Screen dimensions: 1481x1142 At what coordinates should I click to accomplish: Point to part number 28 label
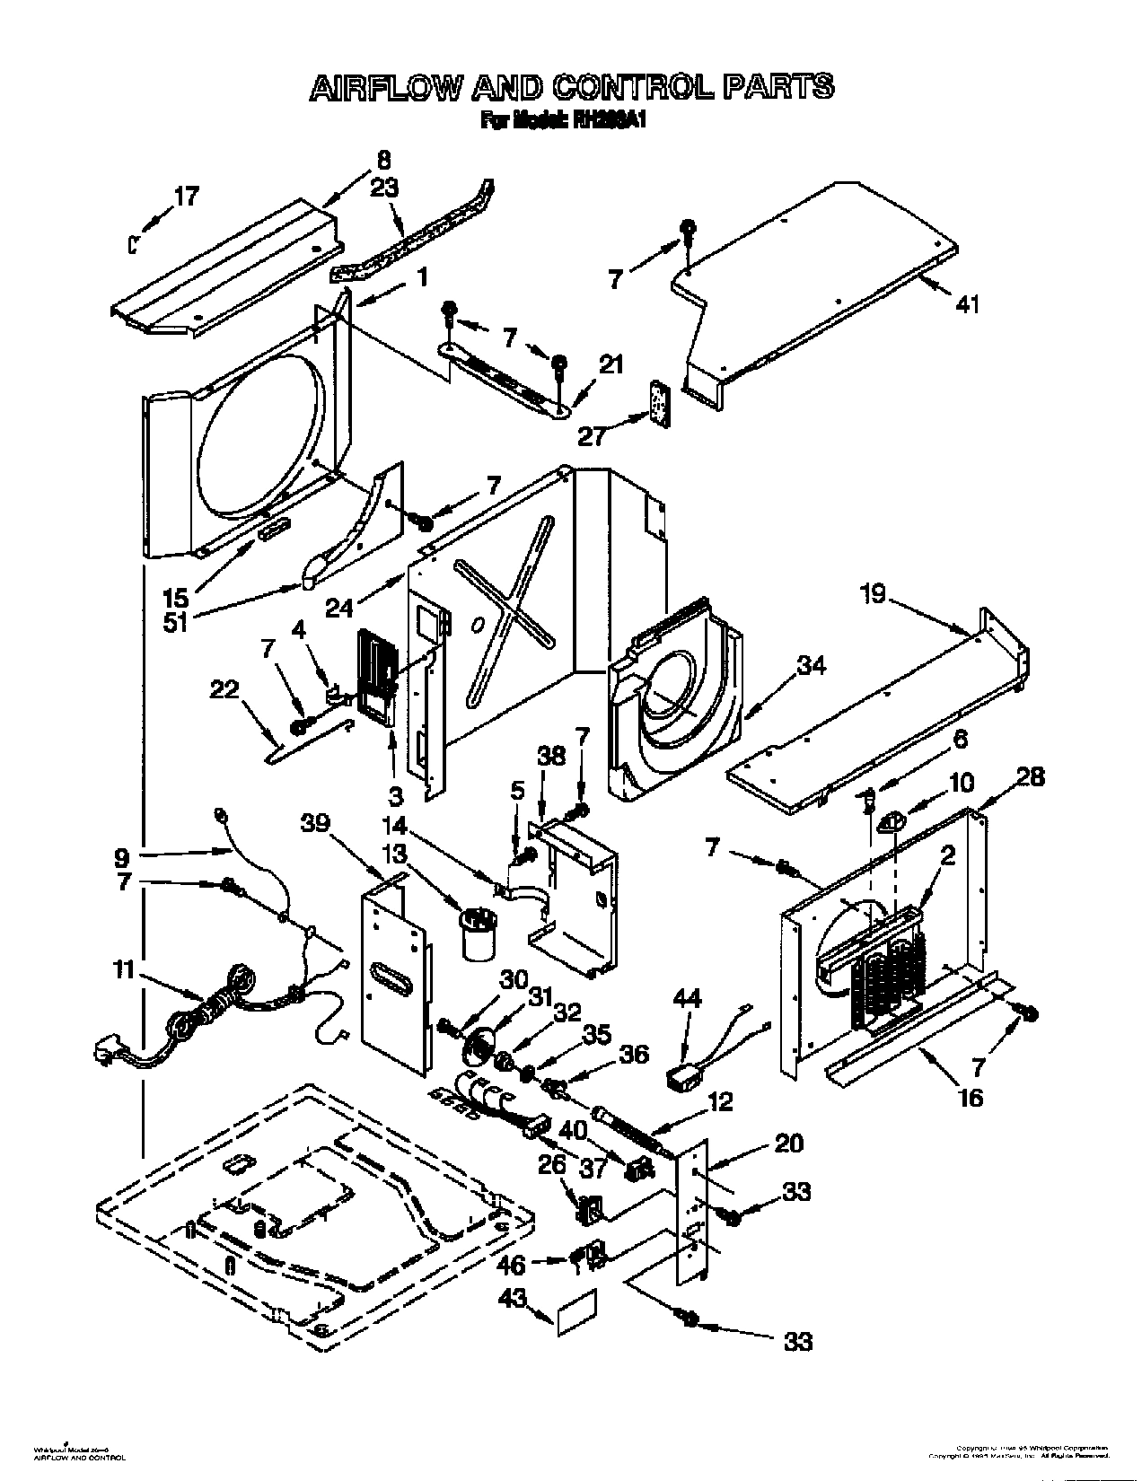pos(1030,777)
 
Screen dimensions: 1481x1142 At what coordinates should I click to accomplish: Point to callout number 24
pos(338,609)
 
